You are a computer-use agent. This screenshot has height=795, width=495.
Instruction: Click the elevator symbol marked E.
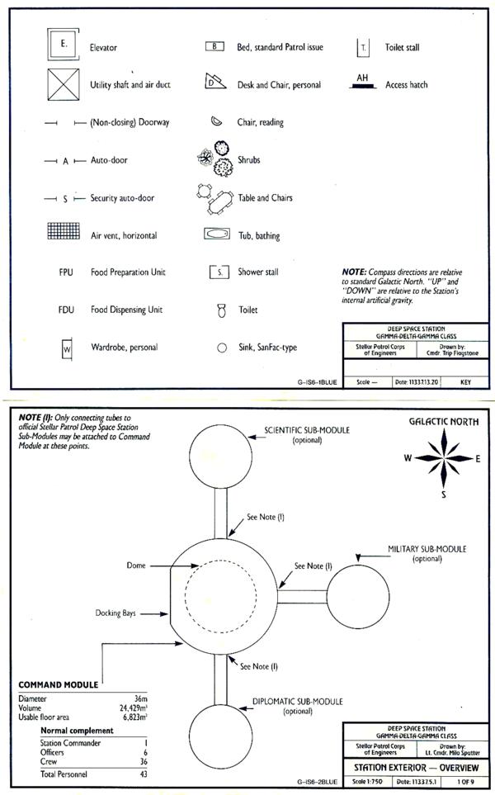pos(64,45)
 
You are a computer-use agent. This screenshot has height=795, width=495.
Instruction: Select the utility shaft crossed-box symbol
pos(63,84)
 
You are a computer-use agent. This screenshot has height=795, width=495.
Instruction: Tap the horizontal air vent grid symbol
pos(64,232)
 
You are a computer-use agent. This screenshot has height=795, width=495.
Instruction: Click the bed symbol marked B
pos(214,46)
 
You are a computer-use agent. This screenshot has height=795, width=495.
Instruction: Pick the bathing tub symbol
pos(217,234)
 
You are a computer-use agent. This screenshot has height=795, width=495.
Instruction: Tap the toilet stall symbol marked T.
pos(364,48)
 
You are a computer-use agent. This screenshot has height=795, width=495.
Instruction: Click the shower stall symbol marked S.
pos(219,272)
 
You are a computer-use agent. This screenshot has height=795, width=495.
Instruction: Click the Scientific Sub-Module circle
pos(220,457)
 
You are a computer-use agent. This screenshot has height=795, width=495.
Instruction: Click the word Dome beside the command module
pos(136,565)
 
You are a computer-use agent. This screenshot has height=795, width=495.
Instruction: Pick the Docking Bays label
pos(115,613)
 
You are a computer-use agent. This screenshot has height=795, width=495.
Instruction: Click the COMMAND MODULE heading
pos(58,684)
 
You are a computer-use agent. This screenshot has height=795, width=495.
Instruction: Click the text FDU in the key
pos(66,310)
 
